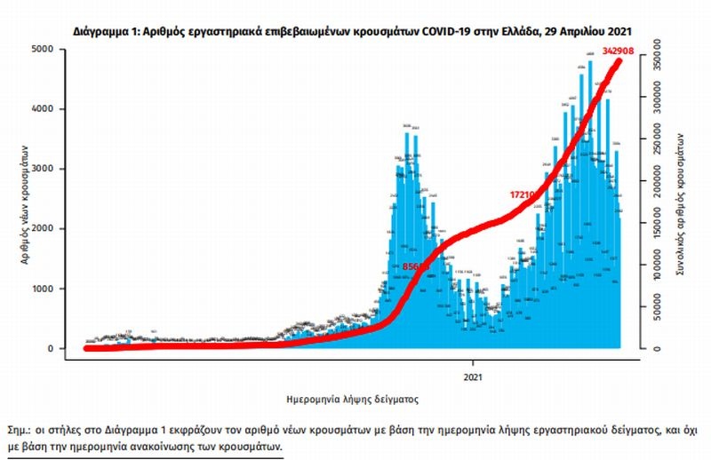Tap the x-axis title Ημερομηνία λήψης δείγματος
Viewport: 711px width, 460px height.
click(x=353, y=400)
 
